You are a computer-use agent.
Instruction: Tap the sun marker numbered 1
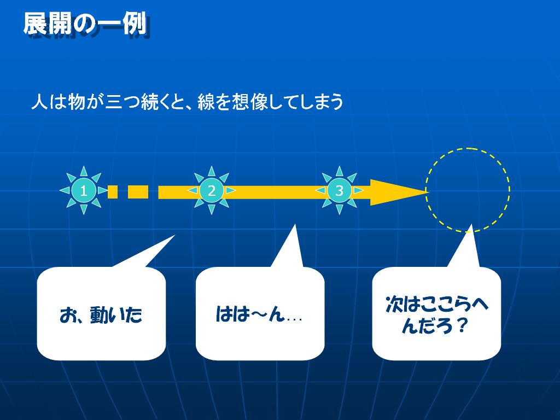[x=84, y=190]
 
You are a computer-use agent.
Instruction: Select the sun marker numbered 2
[x=212, y=190]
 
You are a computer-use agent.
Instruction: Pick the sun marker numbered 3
[x=339, y=190]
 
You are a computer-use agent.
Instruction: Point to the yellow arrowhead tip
[x=428, y=192]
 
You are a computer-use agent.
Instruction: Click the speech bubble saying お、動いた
[x=101, y=313]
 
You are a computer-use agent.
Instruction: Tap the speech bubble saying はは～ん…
[x=260, y=313]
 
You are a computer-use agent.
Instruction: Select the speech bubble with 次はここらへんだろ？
[x=436, y=313]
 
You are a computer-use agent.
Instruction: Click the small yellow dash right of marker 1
[x=113, y=192]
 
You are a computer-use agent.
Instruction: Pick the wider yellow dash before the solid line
[x=138, y=192]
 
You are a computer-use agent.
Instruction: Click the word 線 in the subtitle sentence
[x=206, y=102]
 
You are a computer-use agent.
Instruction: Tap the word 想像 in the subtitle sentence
[x=250, y=102]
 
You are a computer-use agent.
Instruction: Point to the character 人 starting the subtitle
[x=39, y=102]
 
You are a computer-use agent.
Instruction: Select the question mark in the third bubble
[x=463, y=325]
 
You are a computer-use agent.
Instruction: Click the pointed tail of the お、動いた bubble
[x=174, y=235]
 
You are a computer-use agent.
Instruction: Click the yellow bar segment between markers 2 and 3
[x=276, y=192]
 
